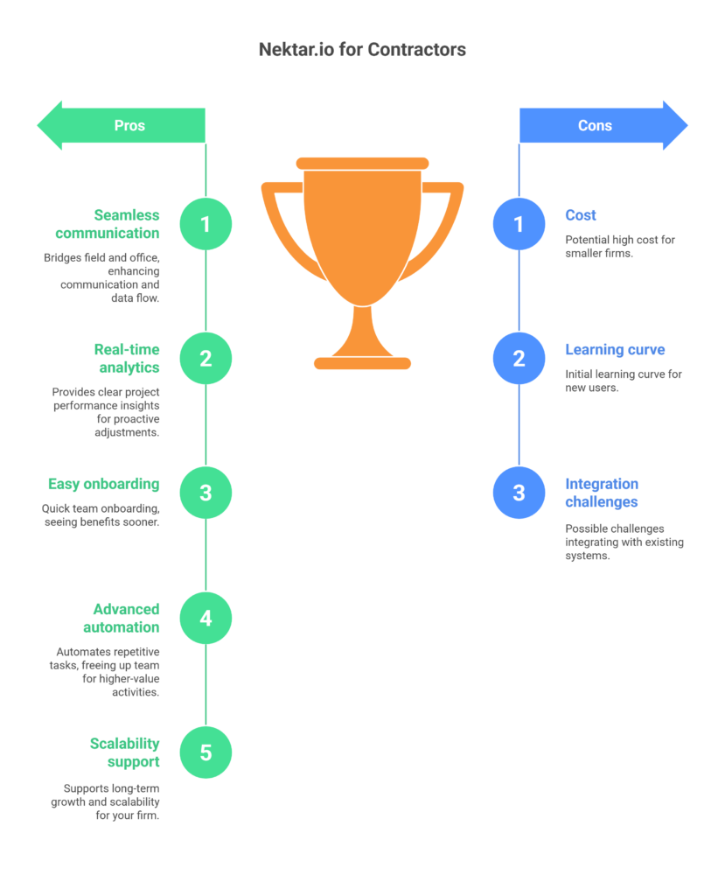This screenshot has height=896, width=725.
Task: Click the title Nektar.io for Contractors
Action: [362, 50]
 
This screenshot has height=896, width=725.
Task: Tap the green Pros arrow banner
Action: [121, 125]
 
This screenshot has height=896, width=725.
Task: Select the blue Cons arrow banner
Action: [603, 125]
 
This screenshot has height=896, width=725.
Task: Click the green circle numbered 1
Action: [206, 224]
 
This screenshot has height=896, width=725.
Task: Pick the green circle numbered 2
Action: [206, 358]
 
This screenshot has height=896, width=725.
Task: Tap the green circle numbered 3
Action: [206, 493]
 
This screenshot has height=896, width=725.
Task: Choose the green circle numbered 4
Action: [206, 618]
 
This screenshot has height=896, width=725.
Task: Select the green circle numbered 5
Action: [206, 752]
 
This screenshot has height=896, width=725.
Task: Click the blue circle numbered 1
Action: [519, 224]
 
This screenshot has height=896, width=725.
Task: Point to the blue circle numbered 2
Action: [519, 358]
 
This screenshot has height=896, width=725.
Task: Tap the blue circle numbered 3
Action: [519, 493]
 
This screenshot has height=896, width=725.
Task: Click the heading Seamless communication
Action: [108, 224]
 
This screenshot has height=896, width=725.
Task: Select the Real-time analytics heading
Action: [127, 358]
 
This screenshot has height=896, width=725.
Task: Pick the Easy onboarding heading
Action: [103, 484]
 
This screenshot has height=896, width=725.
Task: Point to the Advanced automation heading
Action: [121, 619]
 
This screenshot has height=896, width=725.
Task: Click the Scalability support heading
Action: [124, 752]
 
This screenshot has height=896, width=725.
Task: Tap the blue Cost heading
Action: [581, 215]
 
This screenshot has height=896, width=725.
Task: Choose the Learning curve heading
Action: [615, 350]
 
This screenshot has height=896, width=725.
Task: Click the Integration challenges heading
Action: [602, 493]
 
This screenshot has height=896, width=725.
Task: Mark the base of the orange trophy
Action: [362, 363]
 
